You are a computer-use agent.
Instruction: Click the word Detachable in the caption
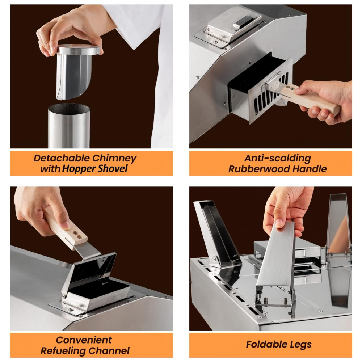pos(62,158)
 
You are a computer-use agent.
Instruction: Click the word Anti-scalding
pos(277,158)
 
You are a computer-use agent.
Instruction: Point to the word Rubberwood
pos(259,169)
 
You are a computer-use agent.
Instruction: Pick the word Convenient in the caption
pos(84,340)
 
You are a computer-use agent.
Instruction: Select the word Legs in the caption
pos(301,345)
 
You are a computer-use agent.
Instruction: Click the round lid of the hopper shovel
pos(79,49)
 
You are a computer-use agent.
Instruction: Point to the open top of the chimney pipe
pos(69,109)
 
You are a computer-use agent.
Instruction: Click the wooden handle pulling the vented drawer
pos(310,98)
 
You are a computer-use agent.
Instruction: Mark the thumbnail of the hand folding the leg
pos(279,223)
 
